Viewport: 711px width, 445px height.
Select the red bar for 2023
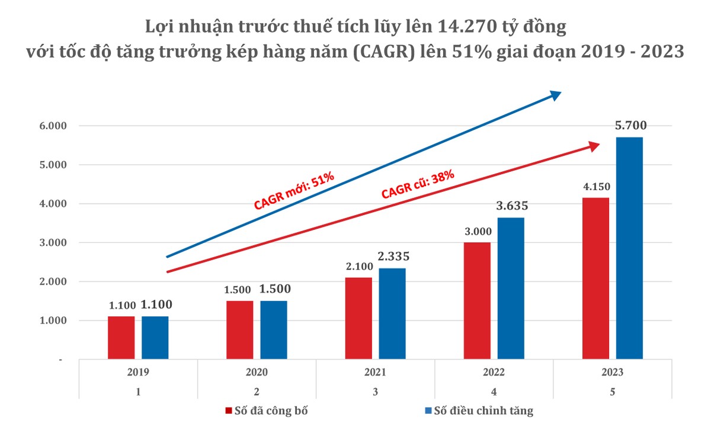click(595, 278)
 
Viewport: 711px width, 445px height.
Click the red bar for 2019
click(121, 337)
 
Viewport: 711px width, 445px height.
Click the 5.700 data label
click(630, 126)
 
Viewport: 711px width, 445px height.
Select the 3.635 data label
click(511, 206)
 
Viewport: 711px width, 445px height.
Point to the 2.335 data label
click(393, 257)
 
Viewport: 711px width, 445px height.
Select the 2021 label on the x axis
click(375, 373)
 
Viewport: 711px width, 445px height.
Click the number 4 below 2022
click(494, 391)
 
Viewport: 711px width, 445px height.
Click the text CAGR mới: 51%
click(295, 191)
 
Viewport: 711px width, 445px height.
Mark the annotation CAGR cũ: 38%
click(418, 184)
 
